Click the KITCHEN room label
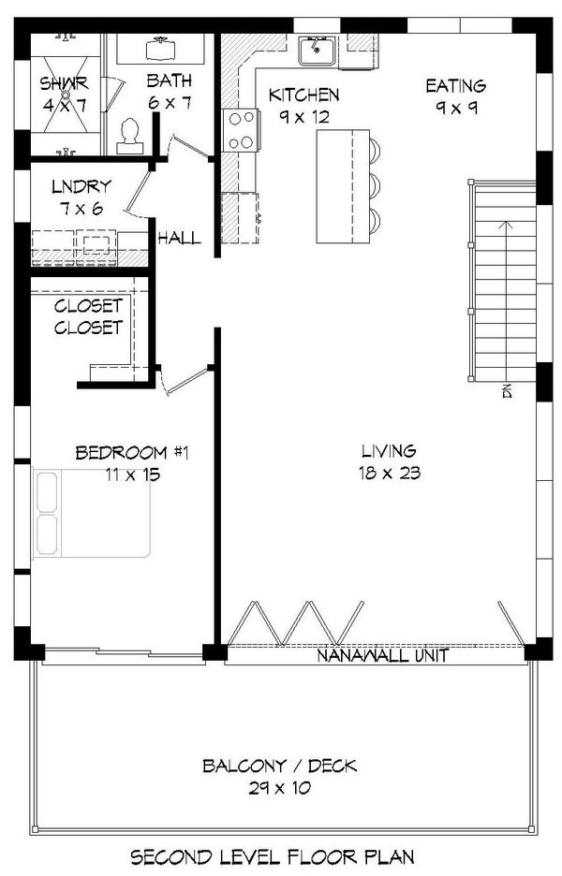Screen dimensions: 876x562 pos(303,95)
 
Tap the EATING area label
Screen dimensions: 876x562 pos(456,86)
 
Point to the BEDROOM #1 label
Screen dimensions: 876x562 pos(132,453)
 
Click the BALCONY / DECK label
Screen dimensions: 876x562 pos(279,766)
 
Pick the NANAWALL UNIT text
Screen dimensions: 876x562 pos(381,655)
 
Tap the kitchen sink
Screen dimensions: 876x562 pos(318,50)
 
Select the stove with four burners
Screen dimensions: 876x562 pos(242,130)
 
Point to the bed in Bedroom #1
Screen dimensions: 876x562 pos(91,515)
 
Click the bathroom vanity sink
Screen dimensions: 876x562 pos(157,47)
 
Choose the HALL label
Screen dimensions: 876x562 pos(179,238)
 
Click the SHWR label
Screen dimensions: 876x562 pos(63,83)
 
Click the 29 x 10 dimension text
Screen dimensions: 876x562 pos(279,788)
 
